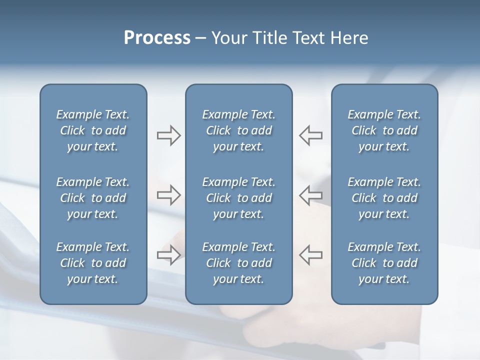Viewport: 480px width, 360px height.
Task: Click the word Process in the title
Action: coord(157,38)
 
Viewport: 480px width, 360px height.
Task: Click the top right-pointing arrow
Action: coord(168,135)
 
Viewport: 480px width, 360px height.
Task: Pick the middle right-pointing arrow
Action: coord(168,195)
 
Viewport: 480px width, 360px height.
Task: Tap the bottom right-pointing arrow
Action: coord(168,254)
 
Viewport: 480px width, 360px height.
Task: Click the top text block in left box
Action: coord(93,130)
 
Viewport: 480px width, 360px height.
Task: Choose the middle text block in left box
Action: coord(93,198)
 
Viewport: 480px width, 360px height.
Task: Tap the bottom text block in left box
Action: coord(93,263)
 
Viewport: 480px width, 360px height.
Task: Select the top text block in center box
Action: coord(238,130)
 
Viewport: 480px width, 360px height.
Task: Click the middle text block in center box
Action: coord(238,198)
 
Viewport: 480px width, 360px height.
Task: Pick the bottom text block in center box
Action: coord(238,263)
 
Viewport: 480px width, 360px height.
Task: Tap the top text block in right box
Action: coord(384,130)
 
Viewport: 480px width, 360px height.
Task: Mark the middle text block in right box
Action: coord(384,198)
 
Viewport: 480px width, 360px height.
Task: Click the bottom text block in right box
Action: coord(384,263)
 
